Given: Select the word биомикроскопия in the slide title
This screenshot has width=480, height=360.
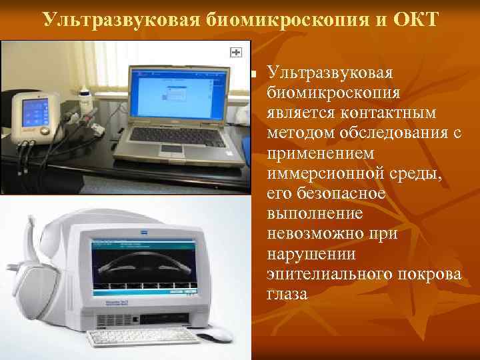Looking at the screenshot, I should tap(254, 18).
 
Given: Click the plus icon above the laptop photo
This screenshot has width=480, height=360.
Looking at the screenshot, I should tap(235, 52).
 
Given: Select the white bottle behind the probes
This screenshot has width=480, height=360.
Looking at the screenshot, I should tap(84, 100).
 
